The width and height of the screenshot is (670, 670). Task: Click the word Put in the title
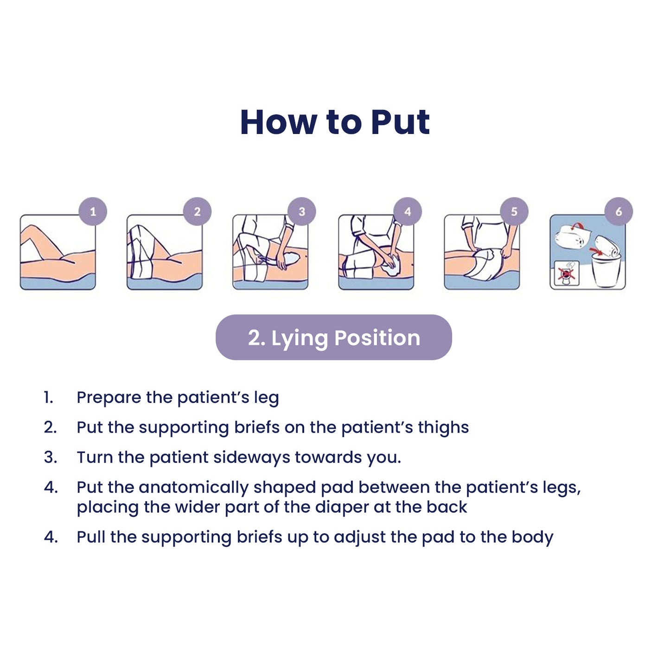click(400, 122)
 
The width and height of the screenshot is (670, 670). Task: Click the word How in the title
click(279, 122)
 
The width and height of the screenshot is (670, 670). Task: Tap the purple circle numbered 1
click(93, 211)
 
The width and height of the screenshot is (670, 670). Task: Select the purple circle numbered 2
click(197, 211)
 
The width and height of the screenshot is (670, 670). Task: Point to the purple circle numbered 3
click(302, 211)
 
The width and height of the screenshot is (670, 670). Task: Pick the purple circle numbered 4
click(408, 211)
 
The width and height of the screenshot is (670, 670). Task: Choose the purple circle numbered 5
click(514, 211)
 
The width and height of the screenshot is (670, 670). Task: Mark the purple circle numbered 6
click(619, 211)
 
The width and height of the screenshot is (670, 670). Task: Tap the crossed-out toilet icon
click(567, 273)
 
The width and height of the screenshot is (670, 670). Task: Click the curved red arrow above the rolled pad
click(578, 226)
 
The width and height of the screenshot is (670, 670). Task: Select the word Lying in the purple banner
click(300, 338)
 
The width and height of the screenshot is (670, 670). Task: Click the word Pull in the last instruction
click(91, 537)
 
